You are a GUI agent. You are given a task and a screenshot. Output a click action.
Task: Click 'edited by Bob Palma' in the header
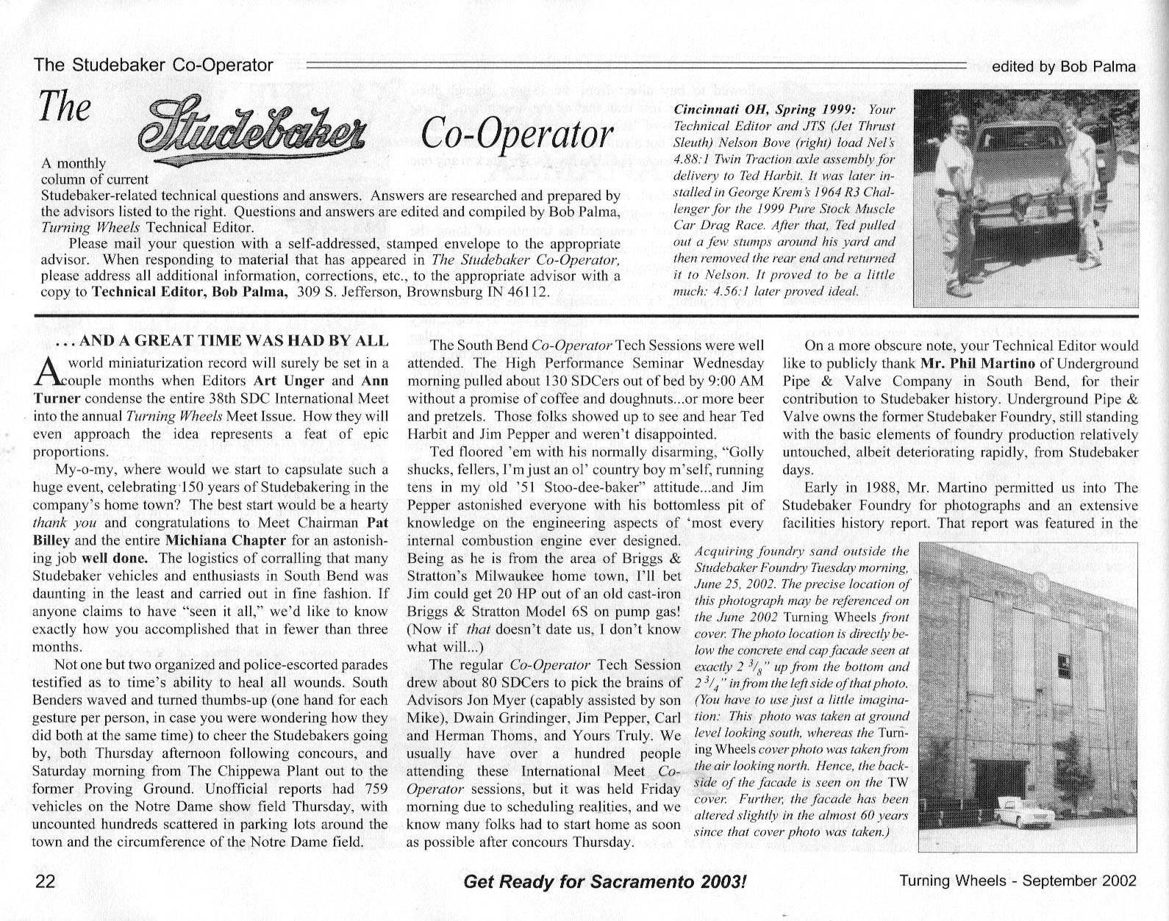pos(1063,66)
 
